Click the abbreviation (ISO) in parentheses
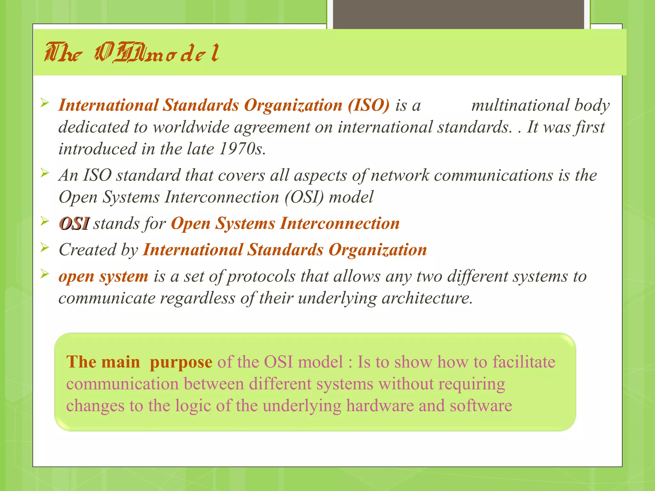tap(368, 105)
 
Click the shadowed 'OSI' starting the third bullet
tap(74, 223)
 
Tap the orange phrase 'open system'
tap(103, 276)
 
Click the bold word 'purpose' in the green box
tap(181, 362)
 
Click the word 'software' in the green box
tap(481, 406)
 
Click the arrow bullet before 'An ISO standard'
tap(44, 173)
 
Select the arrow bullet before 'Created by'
tap(44, 247)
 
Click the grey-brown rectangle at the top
tap(458, 14)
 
